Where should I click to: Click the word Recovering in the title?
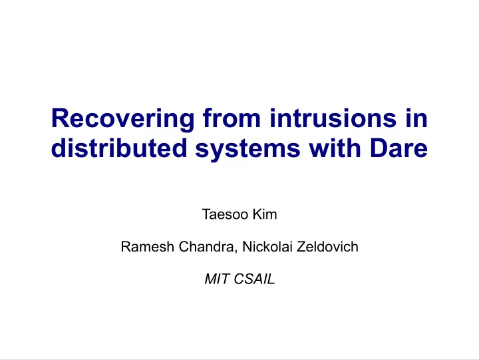(123, 120)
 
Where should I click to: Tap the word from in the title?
(232, 118)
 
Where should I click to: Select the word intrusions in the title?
(333, 118)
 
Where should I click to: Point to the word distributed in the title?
(119, 148)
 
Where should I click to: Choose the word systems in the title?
(247, 150)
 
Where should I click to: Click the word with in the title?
(335, 148)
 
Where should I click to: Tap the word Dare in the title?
(399, 148)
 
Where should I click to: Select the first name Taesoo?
(225, 214)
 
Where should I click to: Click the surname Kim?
(265, 214)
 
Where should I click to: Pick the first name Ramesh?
(147, 247)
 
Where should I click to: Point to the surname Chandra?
(206, 247)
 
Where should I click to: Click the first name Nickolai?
(267, 247)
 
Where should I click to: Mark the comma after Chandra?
(236, 252)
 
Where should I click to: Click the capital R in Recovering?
(60, 118)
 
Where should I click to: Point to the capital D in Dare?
(379, 148)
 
